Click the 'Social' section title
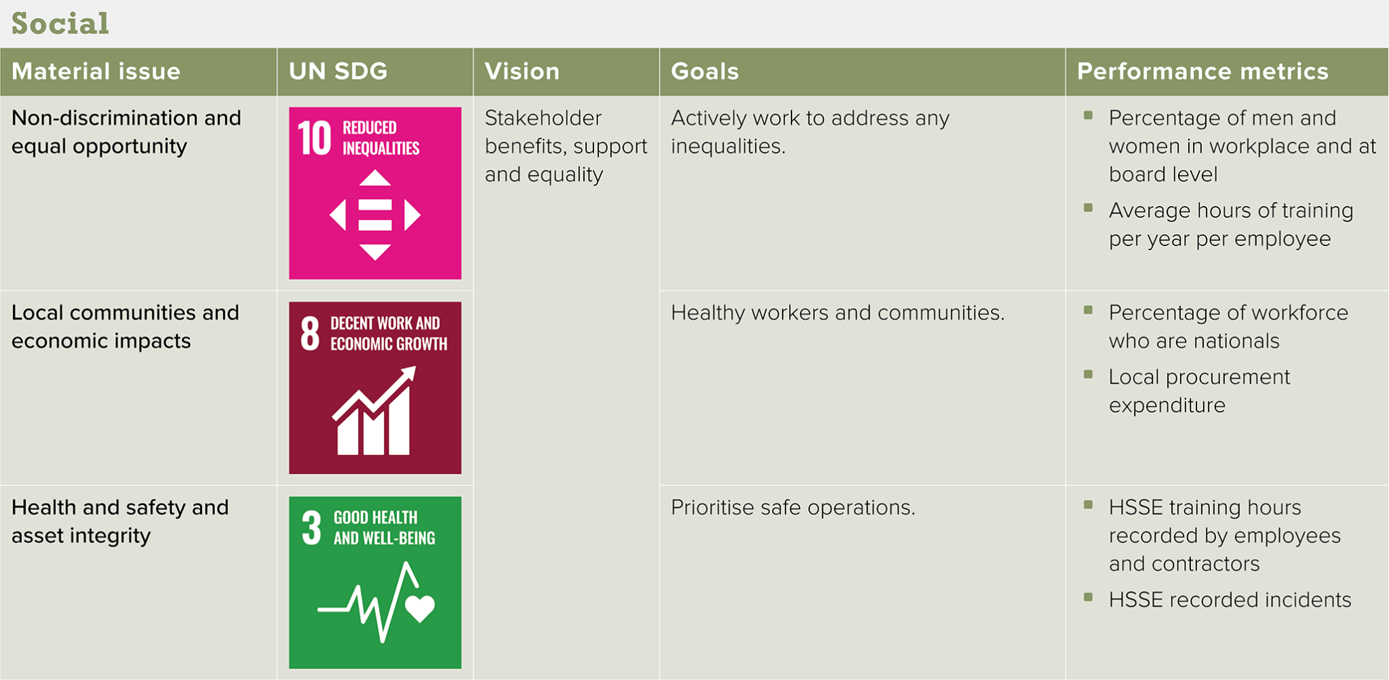[x=60, y=24]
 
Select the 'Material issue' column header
[x=96, y=71]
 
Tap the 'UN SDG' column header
[x=338, y=71]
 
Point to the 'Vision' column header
[x=522, y=71]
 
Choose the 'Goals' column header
[x=705, y=71]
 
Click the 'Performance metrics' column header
[x=1202, y=71]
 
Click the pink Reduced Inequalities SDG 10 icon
[x=375, y=193]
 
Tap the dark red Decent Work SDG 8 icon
[x=375, y=388]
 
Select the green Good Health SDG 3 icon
[x=375, y=582]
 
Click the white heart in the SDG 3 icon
[x=420, y=608]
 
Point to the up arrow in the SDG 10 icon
[x=375, y=178]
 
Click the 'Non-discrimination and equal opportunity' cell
[x=126, y=132]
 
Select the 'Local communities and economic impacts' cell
[x=125, y=327]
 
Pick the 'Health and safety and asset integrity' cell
[x=120, y=521]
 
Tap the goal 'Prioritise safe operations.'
[x=793, y=507]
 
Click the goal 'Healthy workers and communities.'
[x=838, y=313]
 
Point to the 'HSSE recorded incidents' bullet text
[x=1230, y=600]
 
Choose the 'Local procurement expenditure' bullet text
[x=1199, y=391]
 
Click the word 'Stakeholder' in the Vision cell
[x=543, y=118]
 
